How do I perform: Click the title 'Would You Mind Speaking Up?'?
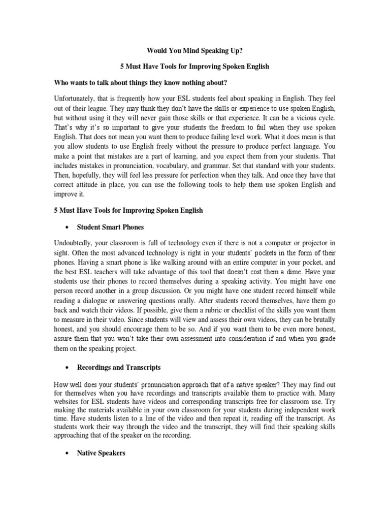coord(194,51)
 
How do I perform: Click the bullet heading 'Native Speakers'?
coord(101,452)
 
